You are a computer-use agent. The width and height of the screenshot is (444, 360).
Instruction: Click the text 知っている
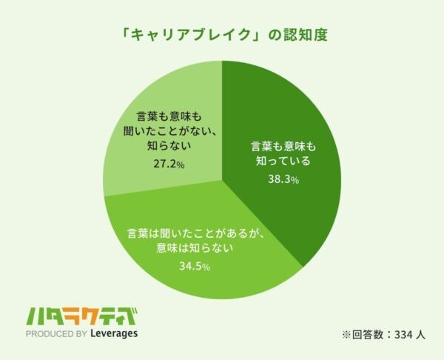(x=280, y=161)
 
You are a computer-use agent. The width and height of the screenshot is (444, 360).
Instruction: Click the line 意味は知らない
(x=195, y=248)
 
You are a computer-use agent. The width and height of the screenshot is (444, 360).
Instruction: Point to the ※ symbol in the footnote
(x=346, y=334)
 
